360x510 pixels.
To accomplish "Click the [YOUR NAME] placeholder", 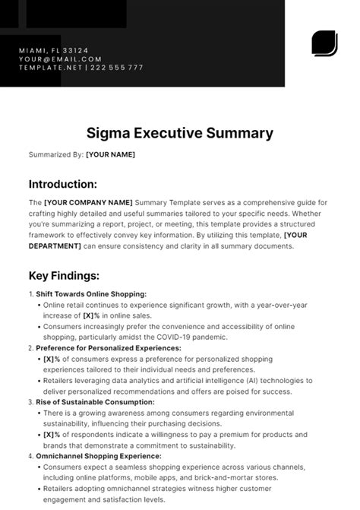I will (x=110, y=155).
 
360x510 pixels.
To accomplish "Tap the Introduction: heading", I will (x=62, y=184).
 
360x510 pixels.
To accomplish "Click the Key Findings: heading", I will (x=65, y=275).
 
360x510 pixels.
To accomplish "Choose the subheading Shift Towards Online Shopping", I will (x=90, y=293).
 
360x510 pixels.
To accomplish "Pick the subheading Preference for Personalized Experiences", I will (x=108, y=347).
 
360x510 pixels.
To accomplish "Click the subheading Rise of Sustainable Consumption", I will (x=95, y=401).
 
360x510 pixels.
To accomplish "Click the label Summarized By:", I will (x=55, y=155).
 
